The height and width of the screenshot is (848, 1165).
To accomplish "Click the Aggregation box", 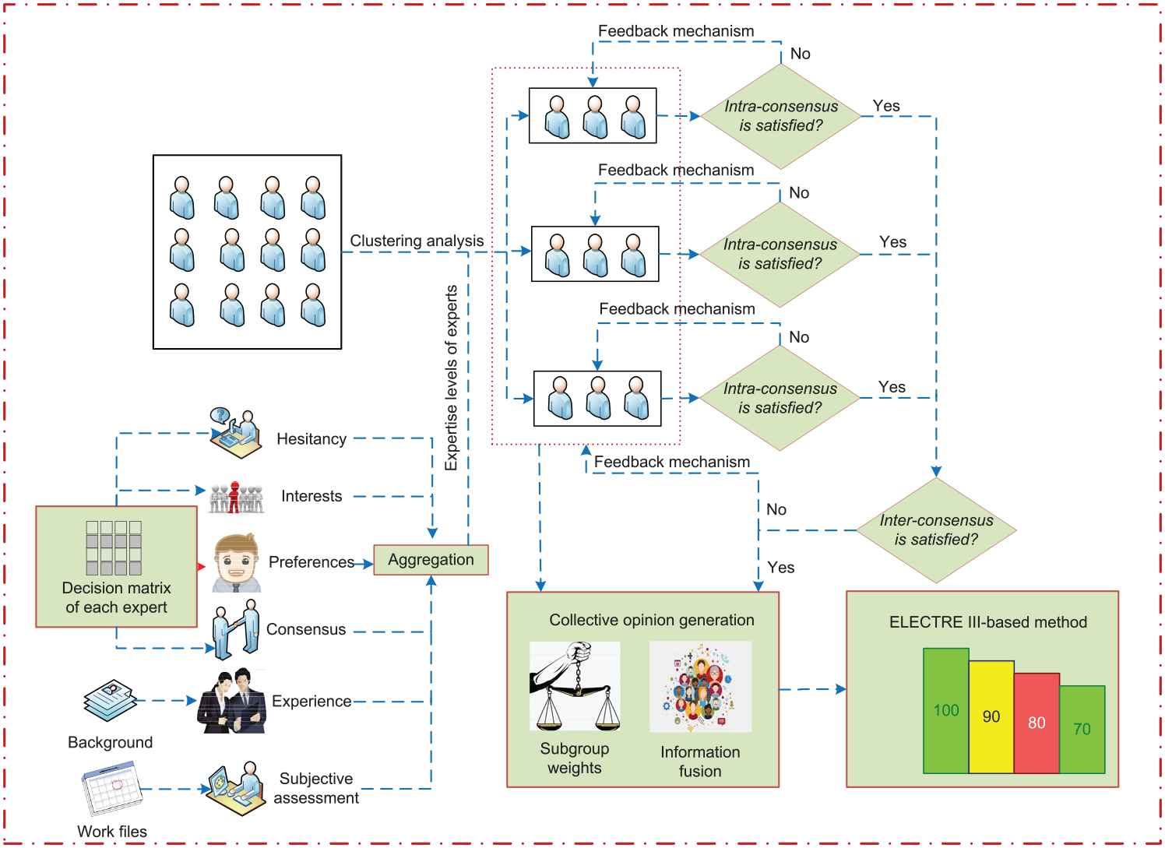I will pyautogui.click(x=431, y=560).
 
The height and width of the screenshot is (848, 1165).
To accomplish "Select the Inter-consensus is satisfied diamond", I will pyautogui.click(x=936, y=530).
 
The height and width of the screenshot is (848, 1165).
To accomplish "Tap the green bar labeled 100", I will pyautogui.click(x=946, y=710).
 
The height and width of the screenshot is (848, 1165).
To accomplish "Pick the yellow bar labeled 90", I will pyautogui.click(x=991, y=716).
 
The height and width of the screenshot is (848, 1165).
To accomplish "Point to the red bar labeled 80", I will pyautogui.click(x=1037, y=723).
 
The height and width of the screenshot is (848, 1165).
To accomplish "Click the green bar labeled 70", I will pyautogui.click(x=1082, y=729).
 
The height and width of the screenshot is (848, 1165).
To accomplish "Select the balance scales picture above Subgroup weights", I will pyautogui.click(x=575, y=686).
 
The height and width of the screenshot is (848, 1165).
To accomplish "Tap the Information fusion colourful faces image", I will pyautogui.click(x=700, y=686).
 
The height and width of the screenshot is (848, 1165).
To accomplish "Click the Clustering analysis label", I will pyautogui.click(x=417, y=241).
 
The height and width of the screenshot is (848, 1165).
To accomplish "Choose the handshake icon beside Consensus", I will pyautogui.click(x=235, y=628).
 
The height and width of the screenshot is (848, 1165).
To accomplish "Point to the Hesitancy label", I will pyautogui.click(x=311, y=439).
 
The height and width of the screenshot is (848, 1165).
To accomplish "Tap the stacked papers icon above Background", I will pyautogui.click(x=111, y=698).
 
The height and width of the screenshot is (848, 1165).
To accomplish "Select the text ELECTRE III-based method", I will pyautogui.click(x=987, y=622).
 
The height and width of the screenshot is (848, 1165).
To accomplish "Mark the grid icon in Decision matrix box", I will pyautogui.click(x=114, y=548).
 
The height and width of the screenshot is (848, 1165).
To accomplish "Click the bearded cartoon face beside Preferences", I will pyautogui.click(x=237, y=563).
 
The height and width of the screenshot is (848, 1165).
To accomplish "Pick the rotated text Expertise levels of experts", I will pyautogui.click(x=451, y=378).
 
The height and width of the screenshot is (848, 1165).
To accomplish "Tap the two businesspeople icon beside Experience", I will pyautogui.click(x=231, y=702).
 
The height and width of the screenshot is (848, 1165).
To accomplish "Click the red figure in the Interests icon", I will pyautogui.click(x=234, y=496).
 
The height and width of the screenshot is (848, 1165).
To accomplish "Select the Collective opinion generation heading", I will pyautogui.click(x=651, y=621).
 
